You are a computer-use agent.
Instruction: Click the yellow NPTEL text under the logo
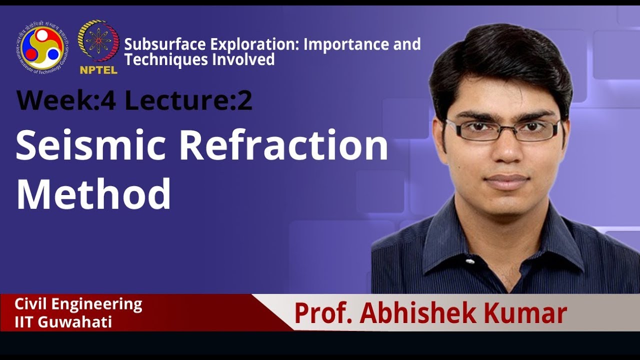tap(98, 69)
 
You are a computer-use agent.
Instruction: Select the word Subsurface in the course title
tap(165, 44)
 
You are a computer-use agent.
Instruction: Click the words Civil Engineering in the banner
tap(78, 304)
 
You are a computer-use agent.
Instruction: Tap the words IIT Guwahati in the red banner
tap(63, 321)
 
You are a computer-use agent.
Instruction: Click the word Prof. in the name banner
tap(322, 313)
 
